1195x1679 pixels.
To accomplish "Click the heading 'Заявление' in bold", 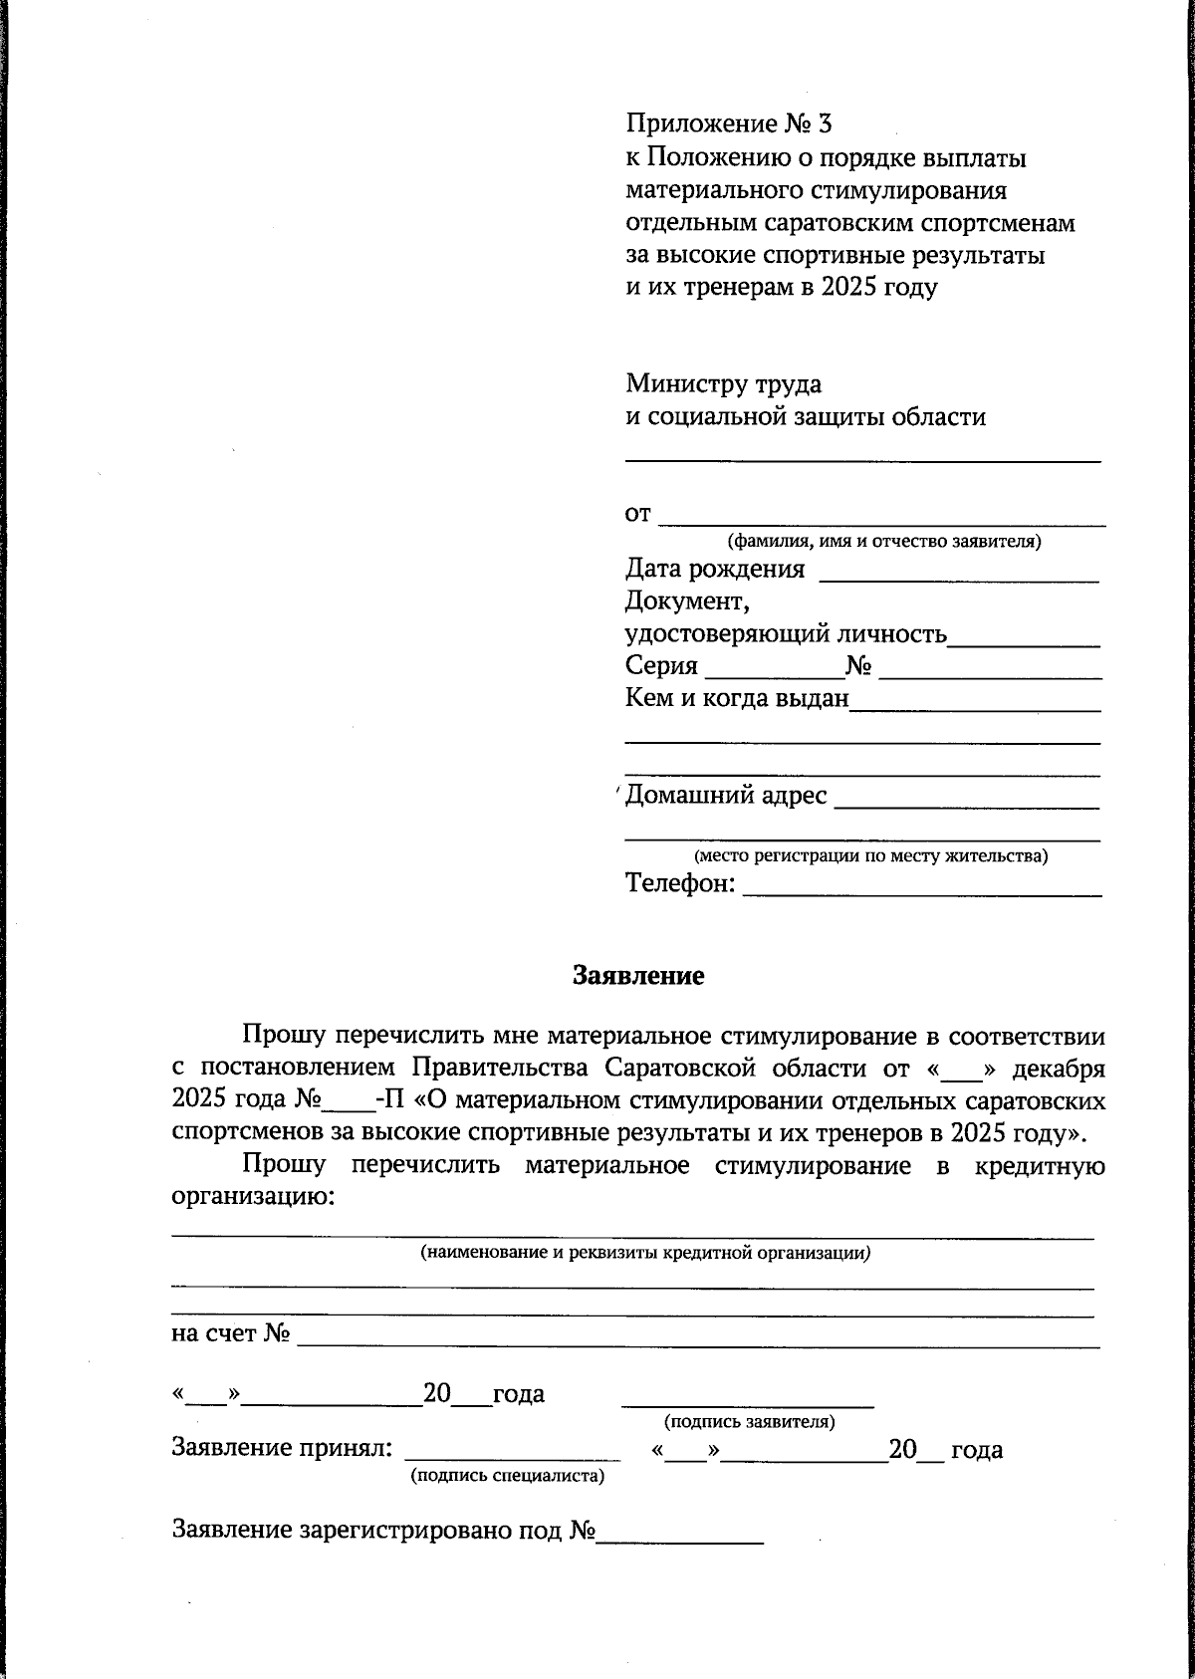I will pyautogui.click(x=637, y=976).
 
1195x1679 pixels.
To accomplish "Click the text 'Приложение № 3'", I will pyautogui.click(x=728, y=124).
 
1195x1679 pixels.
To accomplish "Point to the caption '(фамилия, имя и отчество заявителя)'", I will pyautogui.click(x=884, y=543).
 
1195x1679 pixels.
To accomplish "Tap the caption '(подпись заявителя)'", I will pyautogui.click(x=749, y=1422).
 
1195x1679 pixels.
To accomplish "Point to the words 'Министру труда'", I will pyautogui.click(x=723, y=383).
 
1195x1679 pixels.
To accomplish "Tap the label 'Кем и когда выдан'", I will pyautogui.click(x=737, y=699).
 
